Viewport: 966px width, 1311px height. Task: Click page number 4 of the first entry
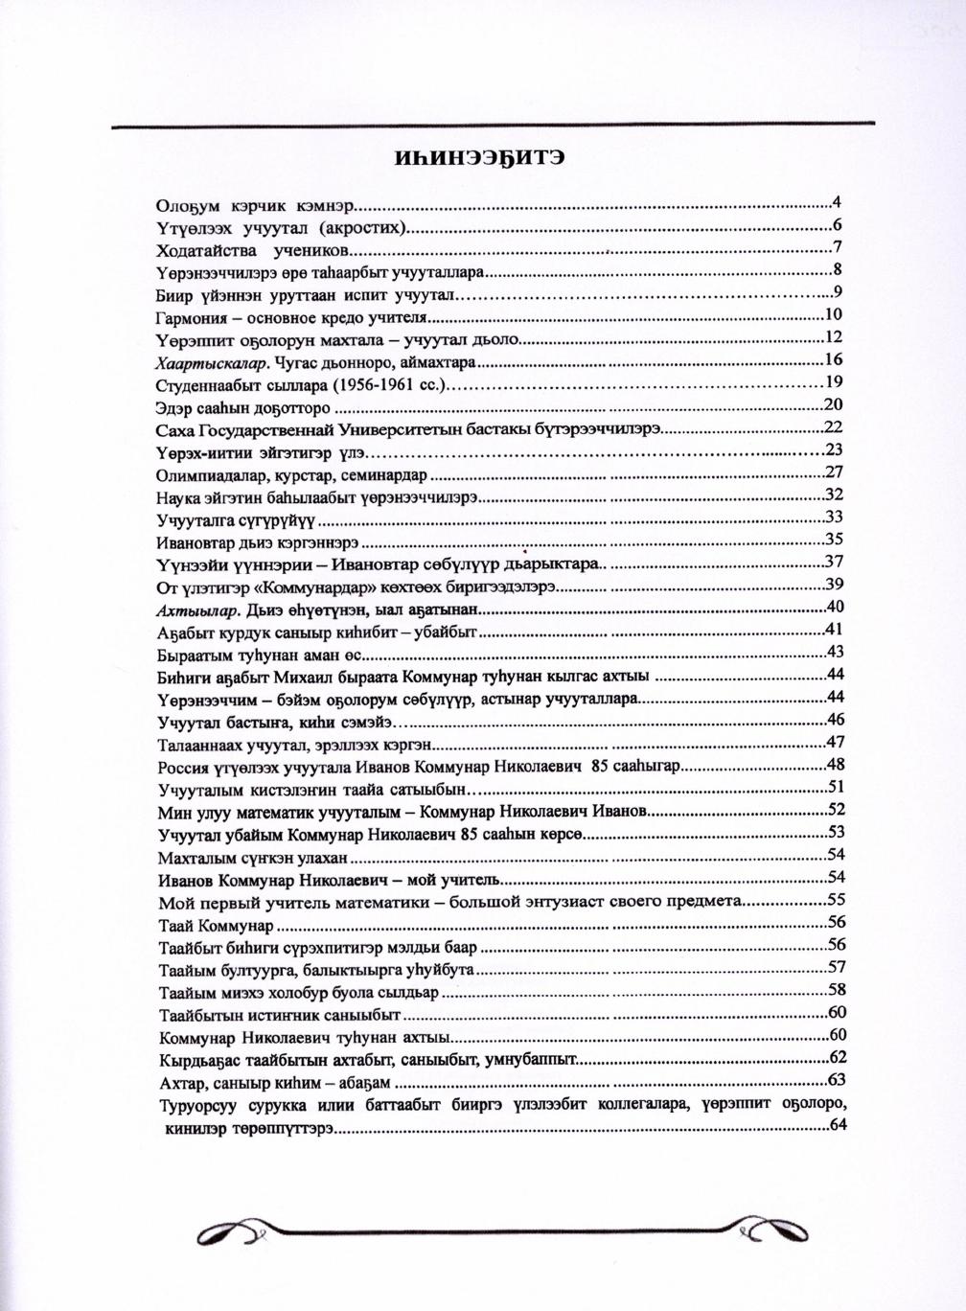[837, 202]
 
